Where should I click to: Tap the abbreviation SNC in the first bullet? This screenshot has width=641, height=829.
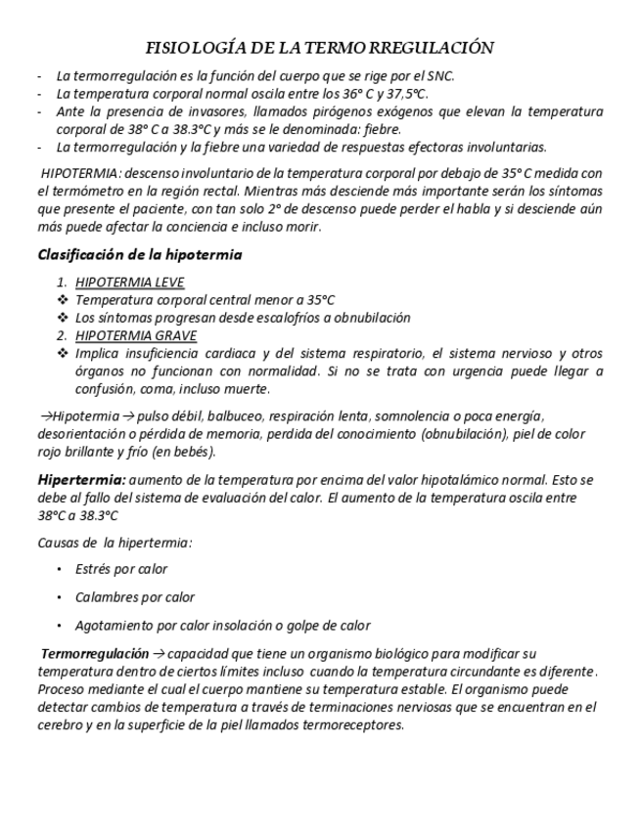(x=440, y=75)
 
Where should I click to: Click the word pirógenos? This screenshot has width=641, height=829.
(x=323, y=111)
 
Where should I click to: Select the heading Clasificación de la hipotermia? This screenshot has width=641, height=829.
(x=140, y=255)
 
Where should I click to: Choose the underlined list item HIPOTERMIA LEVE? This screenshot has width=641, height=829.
(x=129, y=283)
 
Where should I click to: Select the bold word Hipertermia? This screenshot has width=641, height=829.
(x=81, y=479)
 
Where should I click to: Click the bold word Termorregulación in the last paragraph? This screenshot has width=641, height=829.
(x=94, y=652)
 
